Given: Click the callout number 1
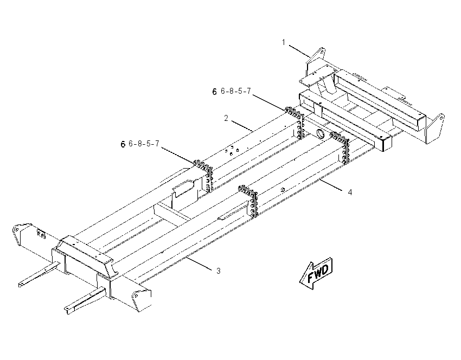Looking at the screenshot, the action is (284, 42).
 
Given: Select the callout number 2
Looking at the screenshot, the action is (226, 118).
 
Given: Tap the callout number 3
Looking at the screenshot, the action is (218, 271).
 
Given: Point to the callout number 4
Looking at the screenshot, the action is (350, 192).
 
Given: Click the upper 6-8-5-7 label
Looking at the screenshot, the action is (236, 91).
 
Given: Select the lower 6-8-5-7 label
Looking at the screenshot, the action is (144, 144).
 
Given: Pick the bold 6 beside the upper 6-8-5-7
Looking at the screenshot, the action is (215, 92).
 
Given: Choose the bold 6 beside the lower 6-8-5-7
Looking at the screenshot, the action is (123, 144).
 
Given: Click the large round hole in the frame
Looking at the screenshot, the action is (321, 133).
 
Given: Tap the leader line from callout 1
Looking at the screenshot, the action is (299, 51).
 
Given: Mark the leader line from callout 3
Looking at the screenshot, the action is (199, 263).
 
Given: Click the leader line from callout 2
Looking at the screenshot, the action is (242, 125).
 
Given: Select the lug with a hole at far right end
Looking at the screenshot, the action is (435, 128).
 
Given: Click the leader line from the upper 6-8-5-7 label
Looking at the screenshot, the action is (268, 102).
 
